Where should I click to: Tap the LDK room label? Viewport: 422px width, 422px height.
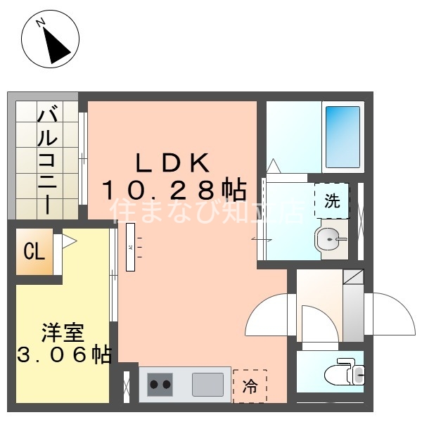pos(172,163)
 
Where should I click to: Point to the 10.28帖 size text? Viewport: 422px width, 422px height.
pos(174,189)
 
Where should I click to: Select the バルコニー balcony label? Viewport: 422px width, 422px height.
pos(47,160)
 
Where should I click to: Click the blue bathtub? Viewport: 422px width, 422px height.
pos(343,136)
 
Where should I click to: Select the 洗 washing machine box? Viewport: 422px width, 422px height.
pos(331,200)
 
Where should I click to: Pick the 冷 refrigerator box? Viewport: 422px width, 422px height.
pos(250,385)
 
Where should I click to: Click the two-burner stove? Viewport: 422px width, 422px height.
pos(160,385)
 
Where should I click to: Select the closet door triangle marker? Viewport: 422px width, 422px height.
pos(68,241)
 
